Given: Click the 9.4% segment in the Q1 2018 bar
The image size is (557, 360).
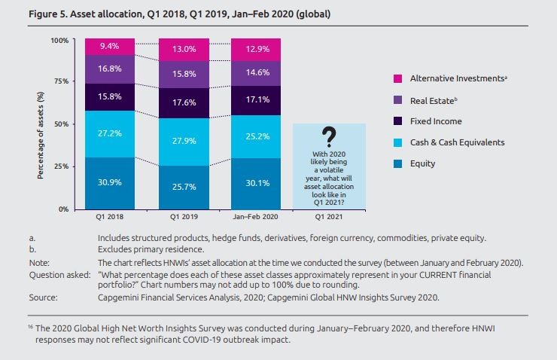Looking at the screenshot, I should pyautogui.click(x=109, y=46).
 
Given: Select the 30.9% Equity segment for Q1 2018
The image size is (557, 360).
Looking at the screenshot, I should pyautogui.click(x=109, y=183).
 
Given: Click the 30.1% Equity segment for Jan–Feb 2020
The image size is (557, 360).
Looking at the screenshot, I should pyautogui.click(x=257, y=183).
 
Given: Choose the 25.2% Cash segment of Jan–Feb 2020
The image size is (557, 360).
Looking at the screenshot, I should pyautogui.click(x=257, y=137).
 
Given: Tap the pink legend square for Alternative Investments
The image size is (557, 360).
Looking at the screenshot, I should pyautogui.click(x=397, y=78).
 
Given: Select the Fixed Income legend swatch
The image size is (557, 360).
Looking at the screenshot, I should pyautogui.click(x=397, y=121).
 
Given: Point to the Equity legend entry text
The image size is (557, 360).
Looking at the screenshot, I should pyautogui.click(x=423, y=163).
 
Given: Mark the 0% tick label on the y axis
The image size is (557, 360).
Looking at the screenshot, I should pyautogui.click(x=64, y=209).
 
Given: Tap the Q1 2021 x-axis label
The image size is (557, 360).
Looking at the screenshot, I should pyautogui.click(x=328, y=217).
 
